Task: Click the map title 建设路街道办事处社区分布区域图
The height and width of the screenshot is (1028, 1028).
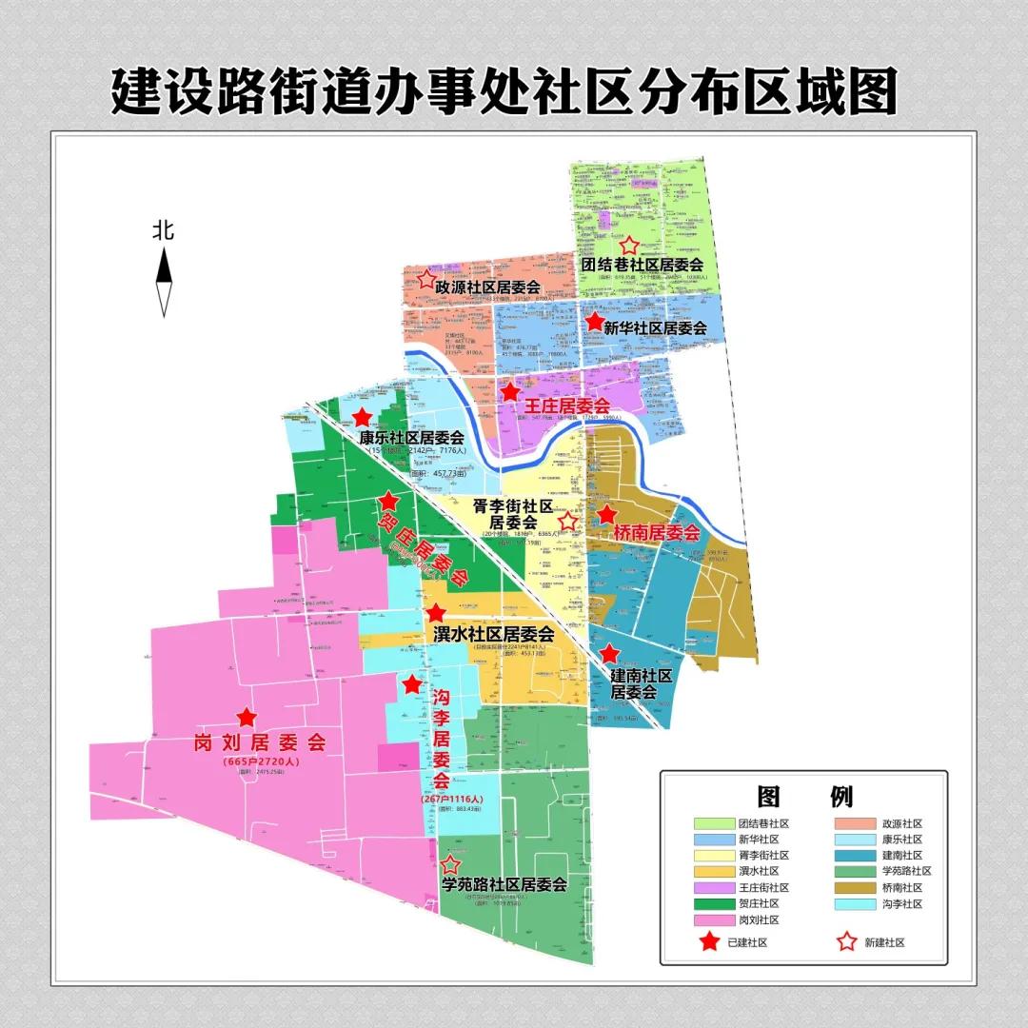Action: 504,92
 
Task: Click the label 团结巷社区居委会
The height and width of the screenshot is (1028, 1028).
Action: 642,265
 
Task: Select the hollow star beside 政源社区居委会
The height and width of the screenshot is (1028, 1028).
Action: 426,280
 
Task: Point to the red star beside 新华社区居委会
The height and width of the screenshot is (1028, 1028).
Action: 595,324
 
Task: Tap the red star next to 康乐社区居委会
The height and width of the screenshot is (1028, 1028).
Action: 363,417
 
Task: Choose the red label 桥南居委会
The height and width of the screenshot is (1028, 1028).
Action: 657,533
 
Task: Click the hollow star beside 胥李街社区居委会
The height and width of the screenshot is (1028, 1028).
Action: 568,521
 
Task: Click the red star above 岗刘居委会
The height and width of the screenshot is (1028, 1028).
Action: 247,718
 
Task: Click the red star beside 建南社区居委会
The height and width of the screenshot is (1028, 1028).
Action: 609,654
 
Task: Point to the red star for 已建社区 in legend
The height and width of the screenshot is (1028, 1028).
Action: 709,942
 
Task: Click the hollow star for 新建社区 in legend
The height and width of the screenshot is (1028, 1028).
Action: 844,942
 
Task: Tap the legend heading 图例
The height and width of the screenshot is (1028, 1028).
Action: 804,796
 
